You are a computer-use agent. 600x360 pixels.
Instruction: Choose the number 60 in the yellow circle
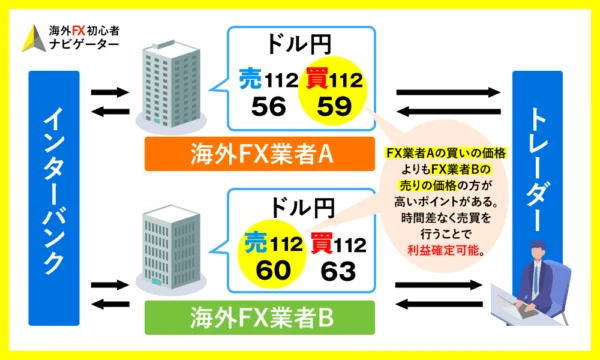tap(271, 268)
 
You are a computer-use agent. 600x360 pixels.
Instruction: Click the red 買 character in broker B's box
tap(321, 243)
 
